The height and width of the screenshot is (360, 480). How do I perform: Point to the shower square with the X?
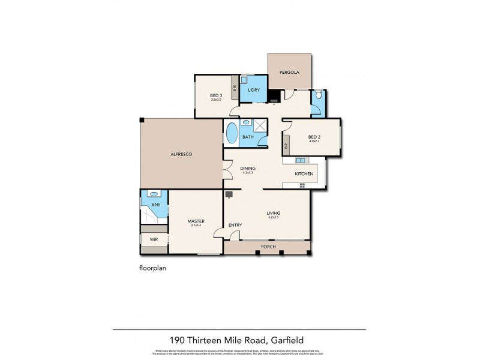pyautogui.click(x=260, y=125)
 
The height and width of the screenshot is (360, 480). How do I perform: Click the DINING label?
pyautogui.click(x=248, y=169)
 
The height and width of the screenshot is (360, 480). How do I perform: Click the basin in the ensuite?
pyautogui.click(x=154, y=195)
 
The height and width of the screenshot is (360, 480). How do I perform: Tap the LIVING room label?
pyautogui.click(x=274, y=213)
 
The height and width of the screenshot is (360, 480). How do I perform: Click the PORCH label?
pyautogui.click(x=267, y=247)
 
